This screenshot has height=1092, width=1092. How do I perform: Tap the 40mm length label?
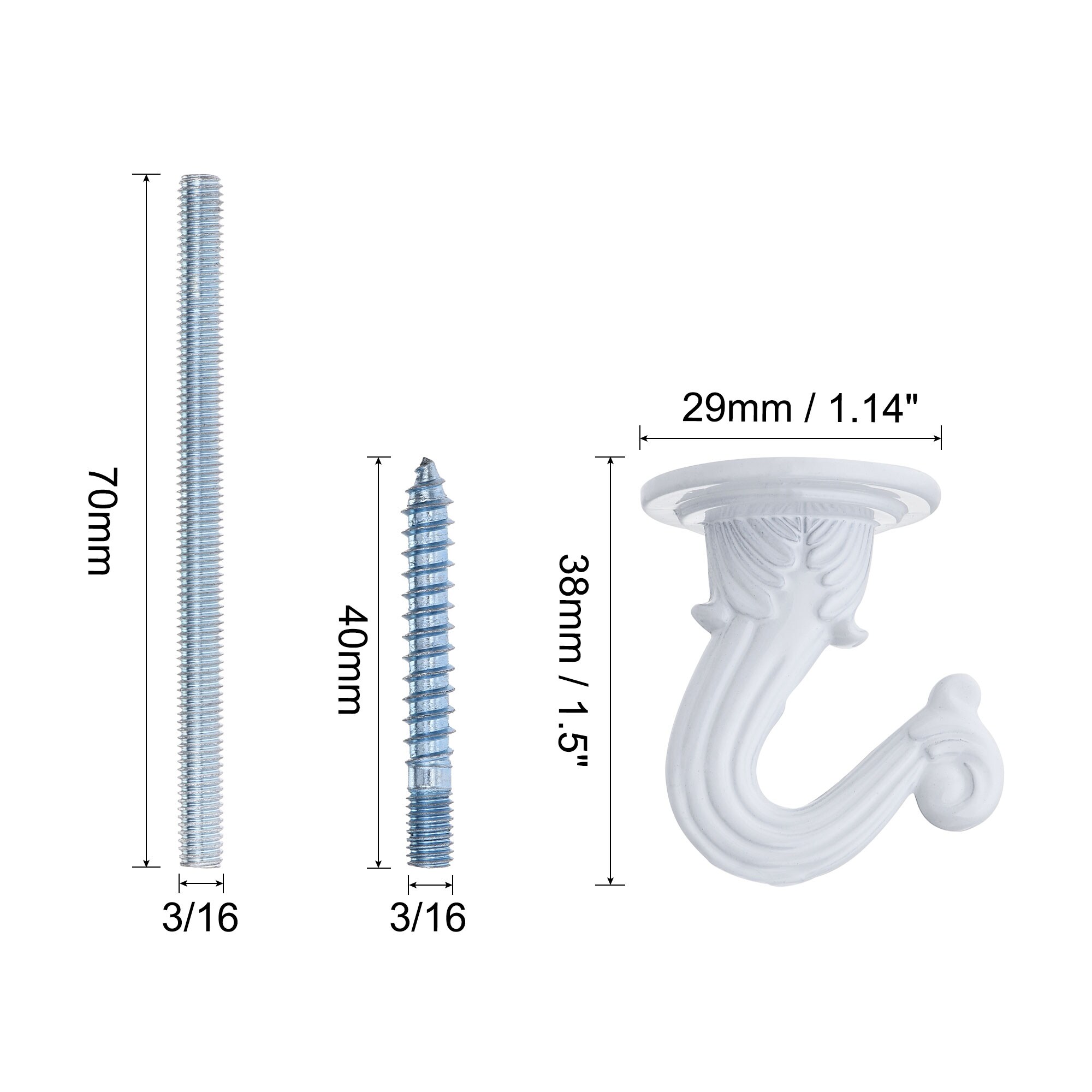pos(349,659)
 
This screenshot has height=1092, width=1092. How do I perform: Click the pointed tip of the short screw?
pos(423,460)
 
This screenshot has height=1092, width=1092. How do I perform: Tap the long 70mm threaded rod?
pos(201,520)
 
